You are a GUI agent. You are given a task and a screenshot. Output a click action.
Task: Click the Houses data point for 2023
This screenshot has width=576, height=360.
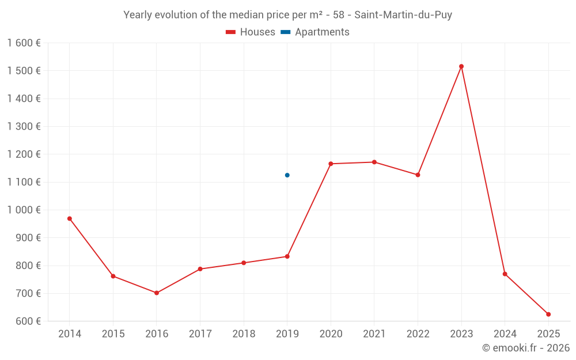click(x=461, y=66)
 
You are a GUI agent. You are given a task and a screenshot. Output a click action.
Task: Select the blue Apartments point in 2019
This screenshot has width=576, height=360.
click(x=287, y=175)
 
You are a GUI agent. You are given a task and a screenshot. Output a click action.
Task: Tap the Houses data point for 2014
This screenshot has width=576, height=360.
click(x=70, y=218)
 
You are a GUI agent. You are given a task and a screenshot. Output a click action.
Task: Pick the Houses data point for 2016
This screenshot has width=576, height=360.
click(x=157, y=293)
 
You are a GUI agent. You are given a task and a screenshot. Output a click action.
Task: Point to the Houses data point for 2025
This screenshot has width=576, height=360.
click(x=548, y=314)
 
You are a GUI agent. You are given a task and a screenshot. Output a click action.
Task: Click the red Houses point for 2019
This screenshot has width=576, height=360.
click(x=287, y=256)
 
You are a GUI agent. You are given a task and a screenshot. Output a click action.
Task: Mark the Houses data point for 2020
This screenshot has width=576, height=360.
click(x=331, y=164)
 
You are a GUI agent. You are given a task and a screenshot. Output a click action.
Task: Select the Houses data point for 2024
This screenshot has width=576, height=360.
click(x=505, y=274)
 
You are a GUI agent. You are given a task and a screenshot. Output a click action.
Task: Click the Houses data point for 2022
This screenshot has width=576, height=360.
click(x=418, y=175)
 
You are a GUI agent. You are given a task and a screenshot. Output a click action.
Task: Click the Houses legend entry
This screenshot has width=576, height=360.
click(x=251, y=32)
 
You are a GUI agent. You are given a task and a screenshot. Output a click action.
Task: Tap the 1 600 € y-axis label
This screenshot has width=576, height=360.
click(x=24, y=43)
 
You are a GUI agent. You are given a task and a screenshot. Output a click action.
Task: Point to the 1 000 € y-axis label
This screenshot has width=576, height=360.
click(x=24, y=210)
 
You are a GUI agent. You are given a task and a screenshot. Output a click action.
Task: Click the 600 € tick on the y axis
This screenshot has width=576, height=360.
click(x=28, y=321)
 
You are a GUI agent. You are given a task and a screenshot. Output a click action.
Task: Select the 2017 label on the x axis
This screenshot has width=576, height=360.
click(x=200, y=334)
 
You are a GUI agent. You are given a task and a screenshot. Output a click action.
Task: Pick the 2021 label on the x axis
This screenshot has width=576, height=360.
click(x=374, y=334)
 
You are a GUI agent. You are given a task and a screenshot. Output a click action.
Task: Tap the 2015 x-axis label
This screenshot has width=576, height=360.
click(x=113, y=334)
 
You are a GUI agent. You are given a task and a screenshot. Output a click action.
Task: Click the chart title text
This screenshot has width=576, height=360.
click(x=287, y=15)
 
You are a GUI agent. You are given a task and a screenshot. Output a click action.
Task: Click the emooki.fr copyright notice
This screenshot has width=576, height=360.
click(x=525, y=348)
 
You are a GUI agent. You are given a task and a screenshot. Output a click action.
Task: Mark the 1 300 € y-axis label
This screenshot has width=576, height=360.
click(x=24, y=127)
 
